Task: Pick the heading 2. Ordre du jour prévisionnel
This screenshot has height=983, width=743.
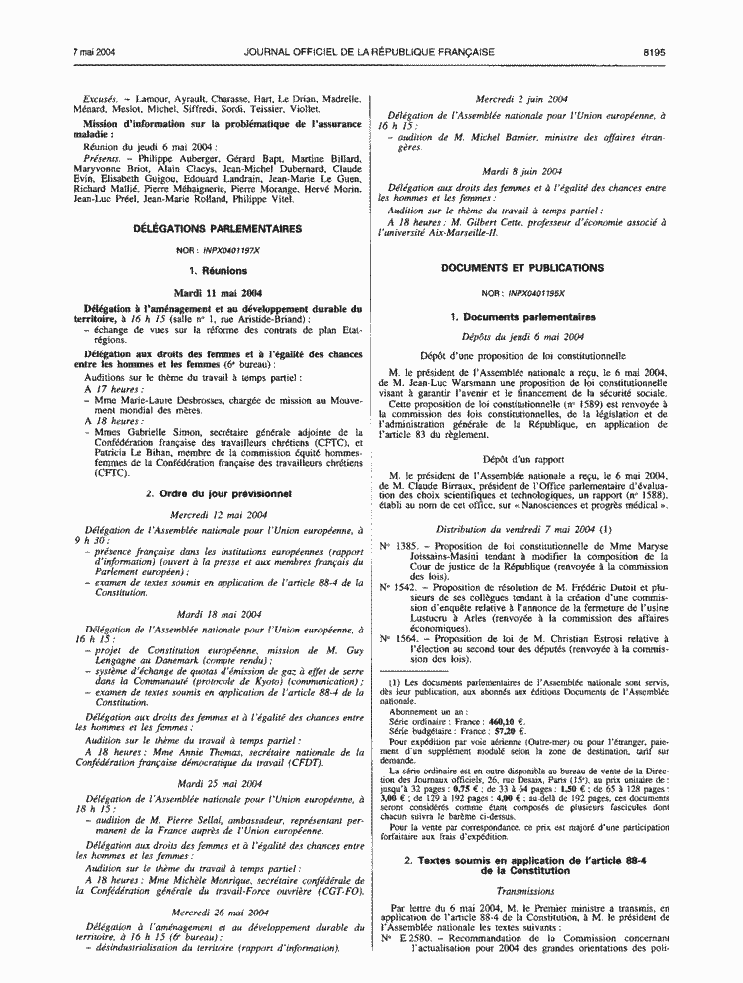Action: coord(218,493)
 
